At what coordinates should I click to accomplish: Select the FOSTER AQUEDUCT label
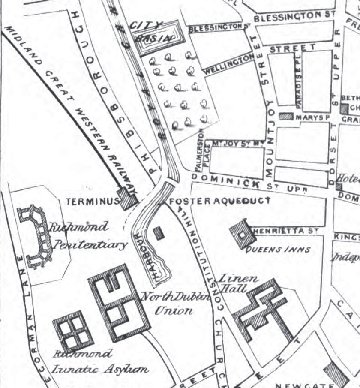click(x=220, y=201)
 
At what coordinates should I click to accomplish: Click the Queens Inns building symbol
click(x=242, y=233)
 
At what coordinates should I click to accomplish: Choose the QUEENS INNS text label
click(x=278, y=249)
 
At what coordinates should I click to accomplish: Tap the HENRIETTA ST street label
click(x=285, y=231)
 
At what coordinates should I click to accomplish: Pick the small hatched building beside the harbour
click(x=159, y=233)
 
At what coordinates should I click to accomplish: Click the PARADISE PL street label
click(x=299, y=81)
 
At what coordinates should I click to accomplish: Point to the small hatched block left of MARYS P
click(x=286, y=116)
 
